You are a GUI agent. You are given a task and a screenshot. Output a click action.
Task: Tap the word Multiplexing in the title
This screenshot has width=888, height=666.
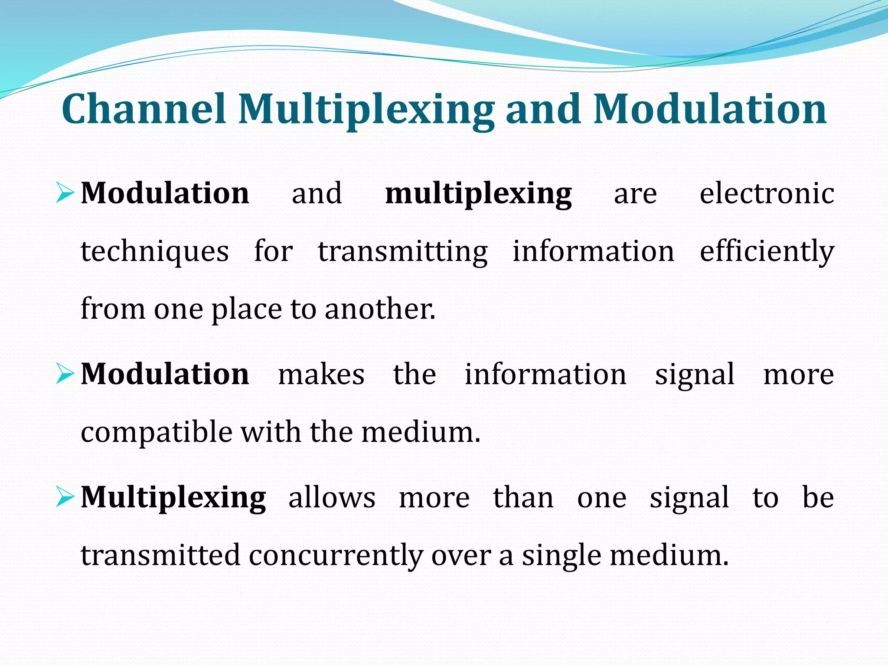pos(366,111)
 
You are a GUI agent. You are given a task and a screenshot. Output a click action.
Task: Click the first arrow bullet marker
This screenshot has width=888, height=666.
pos(65,193)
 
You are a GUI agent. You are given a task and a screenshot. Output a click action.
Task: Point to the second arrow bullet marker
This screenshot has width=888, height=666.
pos(65,374)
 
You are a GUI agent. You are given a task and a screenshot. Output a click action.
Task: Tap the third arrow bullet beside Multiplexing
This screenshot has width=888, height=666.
pos(65,497)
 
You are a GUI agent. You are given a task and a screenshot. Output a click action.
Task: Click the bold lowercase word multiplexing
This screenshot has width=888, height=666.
pos(478,194)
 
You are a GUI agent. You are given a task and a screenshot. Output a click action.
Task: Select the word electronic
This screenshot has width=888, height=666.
pos(767,193)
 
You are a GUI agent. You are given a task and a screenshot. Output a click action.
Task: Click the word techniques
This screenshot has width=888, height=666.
pos(155,252)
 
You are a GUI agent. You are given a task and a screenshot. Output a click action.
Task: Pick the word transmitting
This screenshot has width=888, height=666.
pos(403,252)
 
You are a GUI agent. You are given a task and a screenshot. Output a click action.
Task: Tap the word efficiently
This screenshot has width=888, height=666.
pos(767,252)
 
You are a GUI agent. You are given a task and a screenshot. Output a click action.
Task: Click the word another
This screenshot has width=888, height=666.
pos(379,309)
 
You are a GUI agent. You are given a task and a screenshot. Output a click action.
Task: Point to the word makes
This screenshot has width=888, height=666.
pos(321,375)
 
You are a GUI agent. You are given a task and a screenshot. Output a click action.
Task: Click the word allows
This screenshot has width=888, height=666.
pos(332,497)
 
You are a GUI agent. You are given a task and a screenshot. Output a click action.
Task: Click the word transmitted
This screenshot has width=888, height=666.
pos(160,556)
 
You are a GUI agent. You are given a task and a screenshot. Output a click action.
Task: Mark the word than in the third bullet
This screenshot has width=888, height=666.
pos(523,497)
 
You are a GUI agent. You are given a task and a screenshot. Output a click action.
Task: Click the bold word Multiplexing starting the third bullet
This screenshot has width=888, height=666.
pos(173,498)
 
